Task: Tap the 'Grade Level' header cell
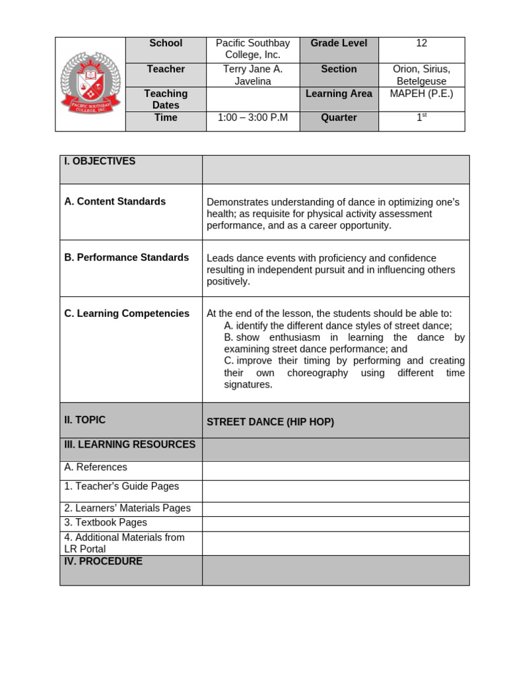(339, 44)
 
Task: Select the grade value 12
(422, 44)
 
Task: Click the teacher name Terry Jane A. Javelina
(253, 75)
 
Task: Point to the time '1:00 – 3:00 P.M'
(253, 118)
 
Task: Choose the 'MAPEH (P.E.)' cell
(422, 94)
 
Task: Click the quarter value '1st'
(422, 118)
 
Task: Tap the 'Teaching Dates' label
(166, 99)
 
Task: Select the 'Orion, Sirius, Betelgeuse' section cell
(422, 75)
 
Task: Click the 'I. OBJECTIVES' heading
(100, 161)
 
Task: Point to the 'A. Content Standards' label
(115, 201)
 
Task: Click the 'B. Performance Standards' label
(127, 257)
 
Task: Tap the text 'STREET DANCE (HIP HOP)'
(270, 422)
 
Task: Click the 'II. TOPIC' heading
(84, 420)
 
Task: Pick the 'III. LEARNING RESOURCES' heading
(130, 444)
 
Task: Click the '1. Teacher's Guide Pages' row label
(121, 487)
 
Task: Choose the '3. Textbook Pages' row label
(106, 523)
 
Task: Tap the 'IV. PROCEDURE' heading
(103, 561)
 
